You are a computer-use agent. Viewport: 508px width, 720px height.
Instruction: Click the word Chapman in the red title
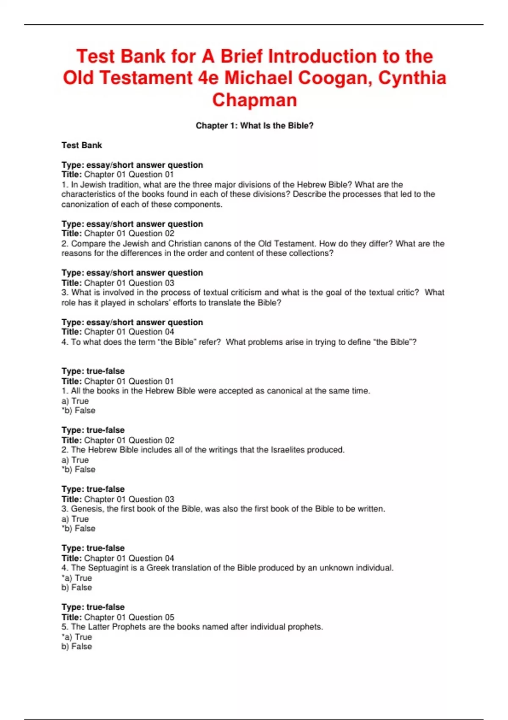pyautogui.click(x=254, y=100)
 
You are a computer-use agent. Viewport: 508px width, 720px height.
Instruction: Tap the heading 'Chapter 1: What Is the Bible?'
pyautogui.click(x=254, y=126)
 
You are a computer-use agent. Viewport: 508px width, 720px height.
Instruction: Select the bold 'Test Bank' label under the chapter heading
pyautogui.click(x=82, y=145)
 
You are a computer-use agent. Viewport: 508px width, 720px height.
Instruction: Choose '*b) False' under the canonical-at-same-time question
pyautogui.click(x=79, y=411)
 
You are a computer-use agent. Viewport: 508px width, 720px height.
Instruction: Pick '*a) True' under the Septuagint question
pyautogui.click(x=77, y=578)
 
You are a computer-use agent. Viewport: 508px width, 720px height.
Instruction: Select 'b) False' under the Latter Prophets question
pyautogui.click(x=77, y=647)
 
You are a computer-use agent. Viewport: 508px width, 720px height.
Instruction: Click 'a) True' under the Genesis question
pyautogui.click(x=75, y=519)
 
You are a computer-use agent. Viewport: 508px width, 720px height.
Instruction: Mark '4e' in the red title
pyautogui.click(x=208, y=78)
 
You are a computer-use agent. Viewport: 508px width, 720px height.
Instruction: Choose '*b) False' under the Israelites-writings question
pyautogui.click(x=79, y=470)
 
